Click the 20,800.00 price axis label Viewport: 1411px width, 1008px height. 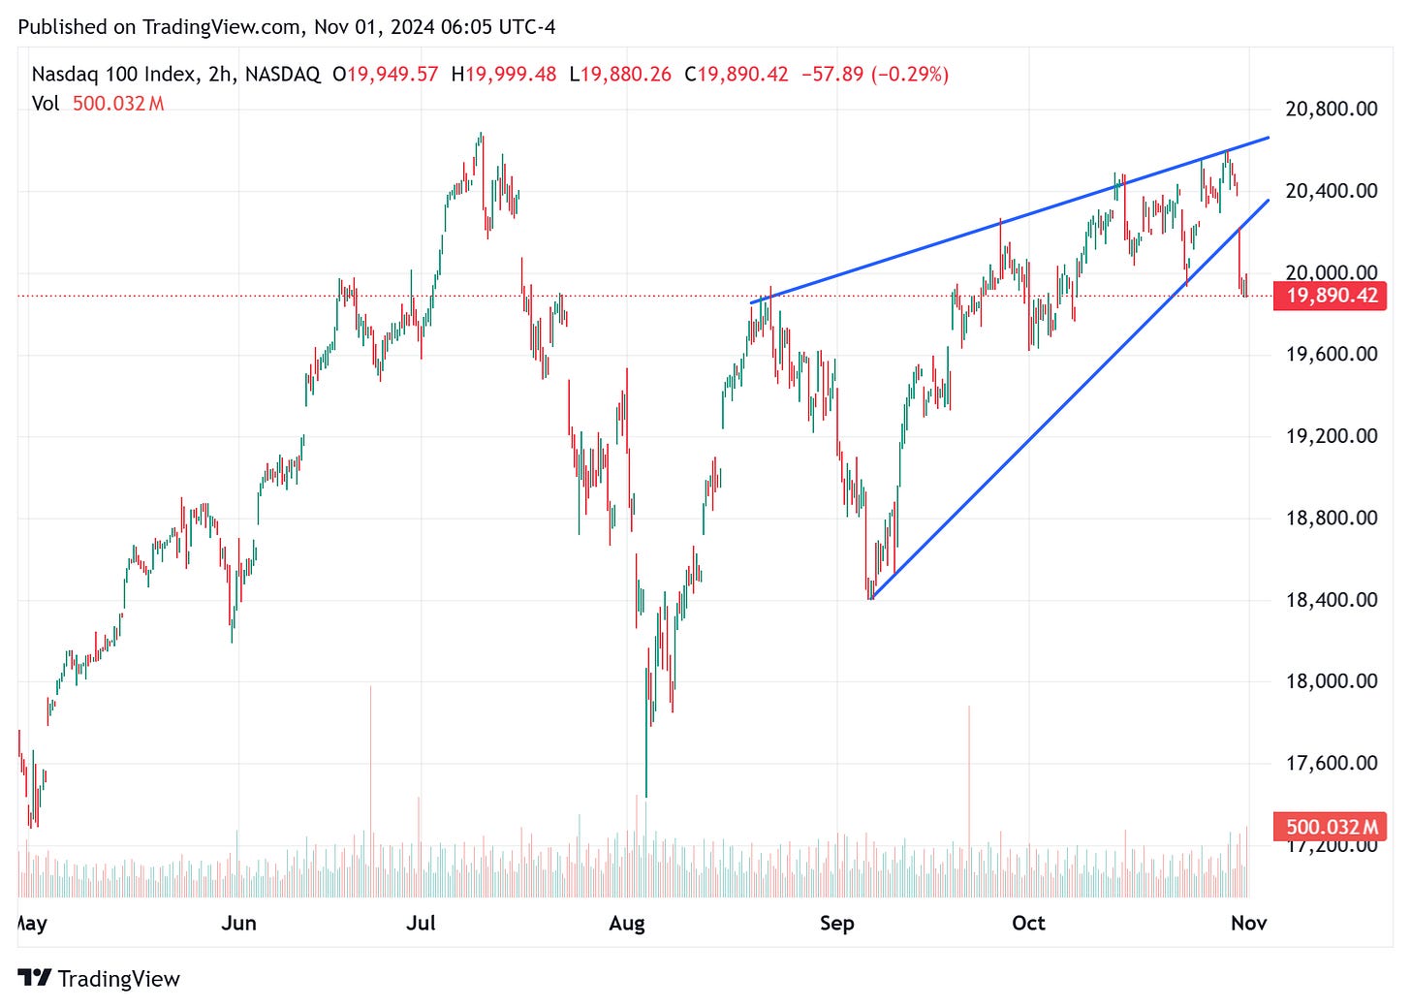[x=1331, y=109]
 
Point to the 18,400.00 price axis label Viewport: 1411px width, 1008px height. [x=1331, y=600]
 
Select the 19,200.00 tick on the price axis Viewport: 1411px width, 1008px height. [x=1331, y=436]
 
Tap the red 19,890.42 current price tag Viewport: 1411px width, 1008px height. [x=1332, y=296]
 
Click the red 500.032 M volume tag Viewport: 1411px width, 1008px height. [x=1332, y=827]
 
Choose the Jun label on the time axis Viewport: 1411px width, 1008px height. [x=238, y=923]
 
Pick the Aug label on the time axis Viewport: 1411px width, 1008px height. [x=627, y=923]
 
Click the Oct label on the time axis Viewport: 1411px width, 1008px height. [x=1028, y=923]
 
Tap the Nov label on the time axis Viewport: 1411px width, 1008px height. [x=1248, y=923]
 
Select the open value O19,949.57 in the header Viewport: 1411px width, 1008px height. [x=385, y=75]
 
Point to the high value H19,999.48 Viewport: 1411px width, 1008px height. [x=504, y=75]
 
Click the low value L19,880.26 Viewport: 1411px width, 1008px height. [x=620, y=75]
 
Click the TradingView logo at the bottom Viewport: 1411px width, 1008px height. [x=99, y=979]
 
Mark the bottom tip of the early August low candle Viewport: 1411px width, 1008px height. [x=646, y=796]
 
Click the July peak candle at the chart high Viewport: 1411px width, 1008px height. [x=481, y=136]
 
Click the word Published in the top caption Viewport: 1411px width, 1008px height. [x=63, y=27]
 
